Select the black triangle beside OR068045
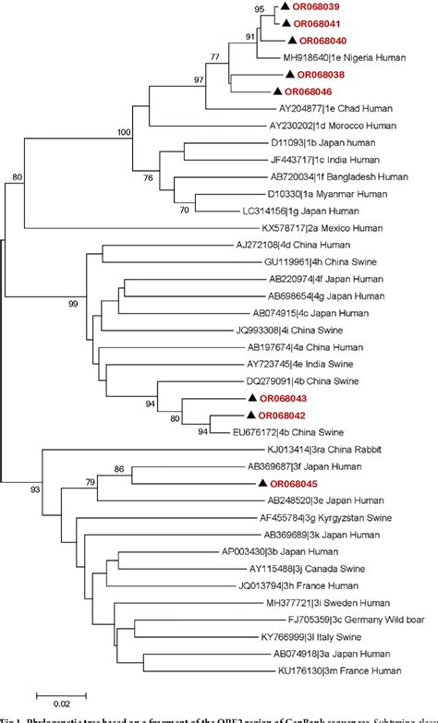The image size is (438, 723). [263, 484]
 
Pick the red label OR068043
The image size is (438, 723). [281, 398]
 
